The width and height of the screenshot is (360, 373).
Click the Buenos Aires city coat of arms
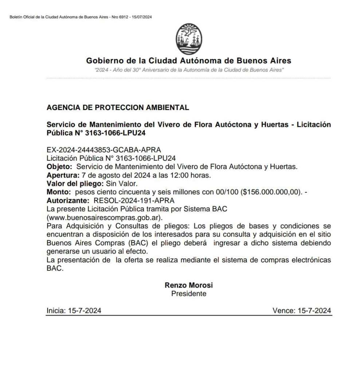[189, 39]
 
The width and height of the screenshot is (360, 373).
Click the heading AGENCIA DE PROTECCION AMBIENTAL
[118, 108]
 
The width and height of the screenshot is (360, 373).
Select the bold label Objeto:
[60, 167]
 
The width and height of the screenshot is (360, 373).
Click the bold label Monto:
[58, 192]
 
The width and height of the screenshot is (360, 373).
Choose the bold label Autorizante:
[68, 200]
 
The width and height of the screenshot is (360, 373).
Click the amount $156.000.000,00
[271, 192]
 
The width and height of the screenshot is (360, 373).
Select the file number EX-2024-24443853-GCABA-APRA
[104, 150]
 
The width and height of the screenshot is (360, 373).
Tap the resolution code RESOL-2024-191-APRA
[134, 200]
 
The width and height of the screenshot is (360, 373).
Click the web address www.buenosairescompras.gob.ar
[104, 217]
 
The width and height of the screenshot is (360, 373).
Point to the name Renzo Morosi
[189, 285]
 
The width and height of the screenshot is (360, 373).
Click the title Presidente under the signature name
[189, 294]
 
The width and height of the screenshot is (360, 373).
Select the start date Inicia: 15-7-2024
[74, 311]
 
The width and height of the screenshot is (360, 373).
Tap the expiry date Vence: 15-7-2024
[302, 311]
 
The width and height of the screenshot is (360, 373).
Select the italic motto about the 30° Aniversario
[189, 70]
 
